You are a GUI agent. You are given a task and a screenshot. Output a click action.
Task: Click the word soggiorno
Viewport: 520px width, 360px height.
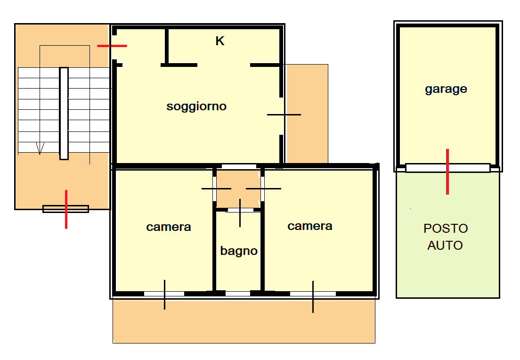pos(196,106)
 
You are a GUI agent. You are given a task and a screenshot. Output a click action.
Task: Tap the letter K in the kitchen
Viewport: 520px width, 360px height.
pos(220,41)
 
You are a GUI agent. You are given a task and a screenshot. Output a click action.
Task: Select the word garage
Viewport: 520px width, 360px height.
pos(446,89)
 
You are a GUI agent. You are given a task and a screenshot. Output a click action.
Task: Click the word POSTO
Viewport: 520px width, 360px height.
pos(446,228)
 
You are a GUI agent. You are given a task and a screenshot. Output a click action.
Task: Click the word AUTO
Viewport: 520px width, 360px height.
pos(445,245)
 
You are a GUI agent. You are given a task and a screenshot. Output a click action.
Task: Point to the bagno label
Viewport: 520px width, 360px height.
pos(239,251)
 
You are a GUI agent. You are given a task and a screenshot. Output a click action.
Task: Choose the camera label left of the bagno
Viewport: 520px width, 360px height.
pos(169,227)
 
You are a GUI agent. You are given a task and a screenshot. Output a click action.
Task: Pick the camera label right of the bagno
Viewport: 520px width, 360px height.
pos(310,226)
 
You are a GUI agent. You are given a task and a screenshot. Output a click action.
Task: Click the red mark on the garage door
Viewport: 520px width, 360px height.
pos(447,172)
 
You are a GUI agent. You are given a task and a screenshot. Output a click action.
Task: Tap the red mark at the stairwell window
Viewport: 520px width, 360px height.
pos(66,209)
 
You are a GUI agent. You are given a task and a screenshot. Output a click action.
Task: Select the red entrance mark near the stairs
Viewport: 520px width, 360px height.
pos(112,46)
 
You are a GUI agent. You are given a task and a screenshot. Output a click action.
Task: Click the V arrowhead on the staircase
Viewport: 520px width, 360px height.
pos(40,148)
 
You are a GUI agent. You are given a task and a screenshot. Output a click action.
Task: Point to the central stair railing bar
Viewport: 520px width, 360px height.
pos(64,114)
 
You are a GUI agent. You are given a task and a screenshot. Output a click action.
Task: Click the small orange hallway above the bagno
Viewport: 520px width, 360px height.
pos(238,189)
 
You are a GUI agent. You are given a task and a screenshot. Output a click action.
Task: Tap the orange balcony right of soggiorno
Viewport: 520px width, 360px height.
pos(307,114)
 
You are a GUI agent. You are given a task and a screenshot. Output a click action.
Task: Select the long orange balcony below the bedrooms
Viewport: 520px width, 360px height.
pos(244,321)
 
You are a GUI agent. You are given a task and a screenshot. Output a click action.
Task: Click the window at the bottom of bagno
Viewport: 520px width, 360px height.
pos(238,294)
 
